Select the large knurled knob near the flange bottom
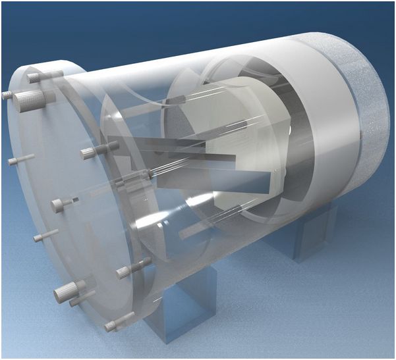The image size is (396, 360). [x=67, y=290]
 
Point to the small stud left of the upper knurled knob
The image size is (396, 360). [x=7, y=95]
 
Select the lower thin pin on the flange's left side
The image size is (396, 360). [x=45, y=235]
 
